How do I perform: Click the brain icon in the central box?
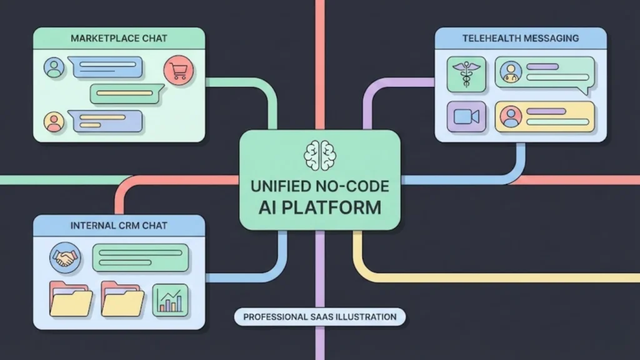[320, 154]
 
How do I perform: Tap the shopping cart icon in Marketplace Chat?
[177, 71]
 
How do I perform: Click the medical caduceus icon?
[466, 73]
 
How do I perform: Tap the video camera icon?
[466, 116]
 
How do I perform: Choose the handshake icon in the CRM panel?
[66, 257]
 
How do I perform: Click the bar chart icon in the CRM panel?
[171, 299]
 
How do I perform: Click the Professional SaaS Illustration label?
[319, 317]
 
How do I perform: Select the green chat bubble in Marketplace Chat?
[127, 94]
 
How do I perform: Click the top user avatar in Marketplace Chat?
[54, 67]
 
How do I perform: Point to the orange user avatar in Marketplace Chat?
[54, 121]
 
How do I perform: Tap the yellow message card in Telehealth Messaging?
[544, 116]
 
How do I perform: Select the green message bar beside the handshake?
[141, 257]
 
